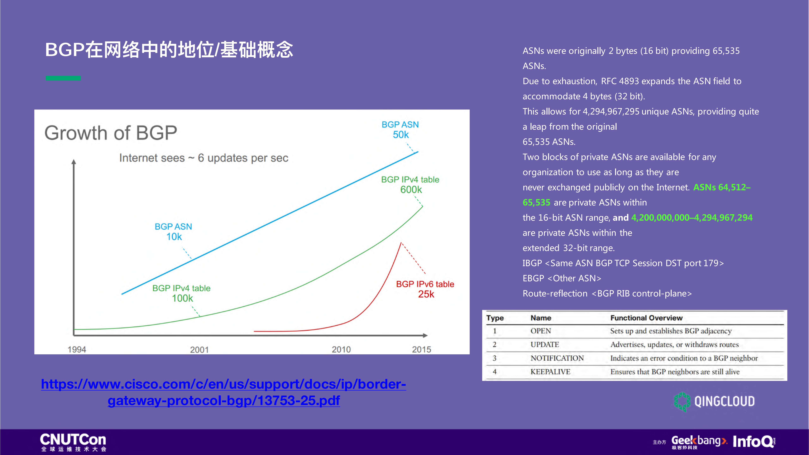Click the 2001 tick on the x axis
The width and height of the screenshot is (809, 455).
tap(199, 349)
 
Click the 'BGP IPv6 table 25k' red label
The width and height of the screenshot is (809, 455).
tap(425, 289)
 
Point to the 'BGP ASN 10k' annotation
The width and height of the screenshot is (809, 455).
tap(173, 231)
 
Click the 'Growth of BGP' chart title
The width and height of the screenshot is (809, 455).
tap(110, 133)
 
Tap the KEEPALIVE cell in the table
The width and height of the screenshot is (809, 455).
tap(550, 372)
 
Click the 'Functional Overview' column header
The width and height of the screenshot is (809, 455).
tap(646, 318)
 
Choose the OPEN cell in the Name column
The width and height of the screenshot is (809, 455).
tap(540, 331)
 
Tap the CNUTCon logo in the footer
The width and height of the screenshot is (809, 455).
tap(73, 442)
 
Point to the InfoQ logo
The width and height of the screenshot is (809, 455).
tap(754, 442)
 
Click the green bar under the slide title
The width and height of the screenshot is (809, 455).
tap(63, 78)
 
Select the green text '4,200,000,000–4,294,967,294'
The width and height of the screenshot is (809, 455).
tap(692, 218)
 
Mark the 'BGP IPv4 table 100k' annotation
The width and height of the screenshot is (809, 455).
tap(182, 293)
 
